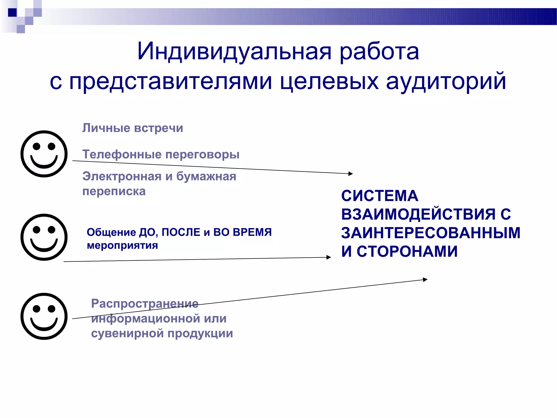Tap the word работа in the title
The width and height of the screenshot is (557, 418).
coord(379,52)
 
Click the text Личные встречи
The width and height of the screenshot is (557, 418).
coord(133,128)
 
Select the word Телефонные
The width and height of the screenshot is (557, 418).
coord(122,154)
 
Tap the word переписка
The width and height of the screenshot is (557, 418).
coord(114,191)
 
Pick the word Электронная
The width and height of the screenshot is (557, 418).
coord(122,176)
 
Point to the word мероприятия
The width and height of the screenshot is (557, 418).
coord(122,245)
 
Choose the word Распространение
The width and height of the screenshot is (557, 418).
coord(145,303)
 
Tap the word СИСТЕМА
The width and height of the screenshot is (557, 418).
coord(380,196)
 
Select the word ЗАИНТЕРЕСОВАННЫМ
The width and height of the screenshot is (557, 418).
coord(431,233)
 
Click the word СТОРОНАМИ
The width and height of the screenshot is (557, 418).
coord(407,251)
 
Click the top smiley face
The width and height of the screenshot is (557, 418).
coord(44,154)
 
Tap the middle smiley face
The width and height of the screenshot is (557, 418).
coord(44,237)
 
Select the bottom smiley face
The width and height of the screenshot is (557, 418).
coord(44,316)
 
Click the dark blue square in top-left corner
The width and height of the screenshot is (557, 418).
coord(13,13)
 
